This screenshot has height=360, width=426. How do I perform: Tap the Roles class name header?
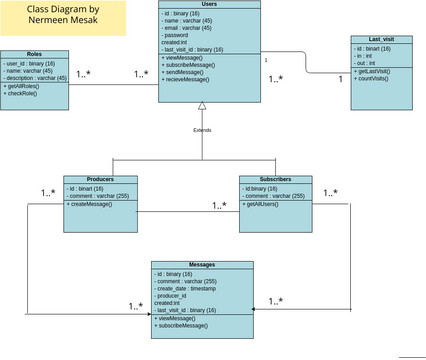click(34, 54)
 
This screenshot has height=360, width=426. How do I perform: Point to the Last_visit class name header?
click(381, 39)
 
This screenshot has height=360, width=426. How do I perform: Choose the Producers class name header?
click(100, 179)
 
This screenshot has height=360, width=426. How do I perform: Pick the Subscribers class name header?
click(275, 179)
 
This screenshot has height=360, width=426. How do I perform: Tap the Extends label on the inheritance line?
click(202, 130)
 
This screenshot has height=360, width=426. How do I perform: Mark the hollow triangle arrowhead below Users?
click(202, 105)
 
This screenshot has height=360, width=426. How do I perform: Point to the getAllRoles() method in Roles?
click(25, 87)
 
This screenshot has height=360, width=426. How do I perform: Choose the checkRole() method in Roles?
click(25, 95)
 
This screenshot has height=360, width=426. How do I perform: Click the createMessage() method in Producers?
click(93, 205)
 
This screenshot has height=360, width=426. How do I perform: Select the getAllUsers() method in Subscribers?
click(266, 205)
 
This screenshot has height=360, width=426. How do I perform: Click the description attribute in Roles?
click(36, 77)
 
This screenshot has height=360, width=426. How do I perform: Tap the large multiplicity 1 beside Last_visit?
click(339, 78)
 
